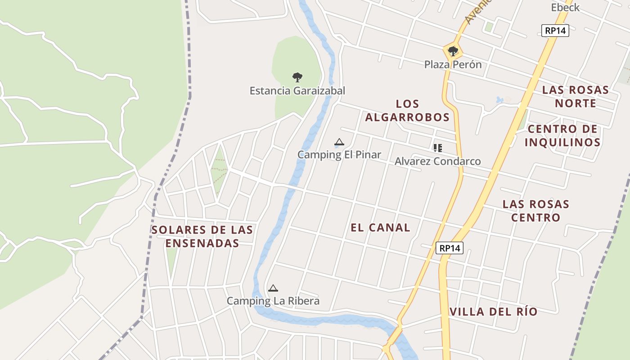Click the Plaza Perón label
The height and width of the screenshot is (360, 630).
click(453, 64)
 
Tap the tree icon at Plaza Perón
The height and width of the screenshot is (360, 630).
click(453, 51)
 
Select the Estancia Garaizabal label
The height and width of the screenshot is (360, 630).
click(297, 90)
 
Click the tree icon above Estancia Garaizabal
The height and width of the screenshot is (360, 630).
click(297, 77)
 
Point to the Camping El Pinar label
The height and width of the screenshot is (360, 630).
click(339, 154)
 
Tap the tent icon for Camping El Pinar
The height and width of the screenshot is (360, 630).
click(339, 142)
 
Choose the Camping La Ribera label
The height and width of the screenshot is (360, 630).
click(273, 301)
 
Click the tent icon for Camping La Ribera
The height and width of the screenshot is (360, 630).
click(273, 288)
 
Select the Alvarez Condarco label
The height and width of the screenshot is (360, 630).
click(437, 161)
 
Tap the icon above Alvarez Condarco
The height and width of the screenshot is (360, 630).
click(437, 148)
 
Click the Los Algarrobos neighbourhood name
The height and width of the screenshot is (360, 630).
click(407, 110)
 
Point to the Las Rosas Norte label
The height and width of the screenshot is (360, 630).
click(576, 96)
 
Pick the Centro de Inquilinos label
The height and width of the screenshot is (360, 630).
click(562, 135)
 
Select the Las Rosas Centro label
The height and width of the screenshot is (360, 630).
click(535, 211)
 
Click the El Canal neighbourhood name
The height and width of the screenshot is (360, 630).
click(380, 227)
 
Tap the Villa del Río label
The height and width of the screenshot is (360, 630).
click(493, 311)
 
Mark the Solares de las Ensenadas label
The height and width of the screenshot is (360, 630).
click(202, 236)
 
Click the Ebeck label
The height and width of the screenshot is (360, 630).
click(565, 7)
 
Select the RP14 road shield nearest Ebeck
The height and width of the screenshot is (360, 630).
click(556, 31)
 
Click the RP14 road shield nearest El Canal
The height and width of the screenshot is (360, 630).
click(450, 248)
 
